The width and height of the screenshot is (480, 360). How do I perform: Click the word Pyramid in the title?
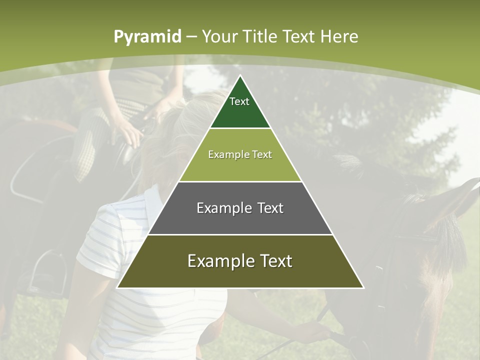147,37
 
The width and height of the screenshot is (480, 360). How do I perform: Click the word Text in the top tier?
239,101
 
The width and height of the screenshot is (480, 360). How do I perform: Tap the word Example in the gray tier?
223,208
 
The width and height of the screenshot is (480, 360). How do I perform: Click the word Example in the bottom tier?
218,261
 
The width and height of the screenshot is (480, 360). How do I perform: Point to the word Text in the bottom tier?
274,261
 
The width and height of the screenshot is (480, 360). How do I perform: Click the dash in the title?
191,37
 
